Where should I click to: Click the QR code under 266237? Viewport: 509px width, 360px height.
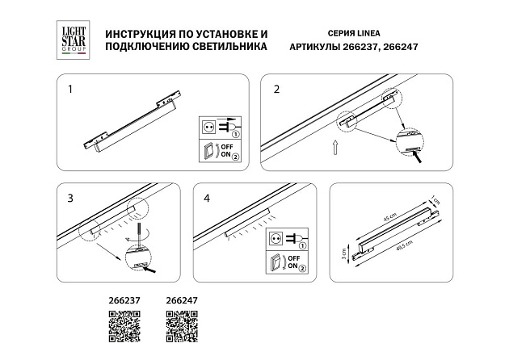(124, 325)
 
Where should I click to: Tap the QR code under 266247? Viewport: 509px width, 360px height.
(181, 325)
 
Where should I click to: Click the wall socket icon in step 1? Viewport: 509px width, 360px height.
(208, 127)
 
